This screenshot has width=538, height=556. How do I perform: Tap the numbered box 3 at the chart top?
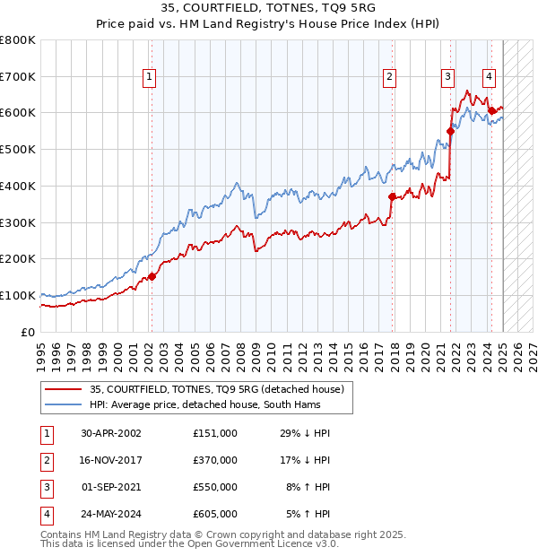[447, 78]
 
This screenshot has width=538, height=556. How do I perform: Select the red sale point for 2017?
[392, 196]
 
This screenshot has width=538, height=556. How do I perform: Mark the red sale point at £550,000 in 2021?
[450, 130]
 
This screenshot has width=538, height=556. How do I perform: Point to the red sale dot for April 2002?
[152, 276]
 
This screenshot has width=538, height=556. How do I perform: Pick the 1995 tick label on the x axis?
[41, 352]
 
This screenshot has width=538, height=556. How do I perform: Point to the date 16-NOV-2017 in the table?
[111, 459]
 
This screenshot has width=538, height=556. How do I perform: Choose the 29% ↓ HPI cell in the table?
[306, 432]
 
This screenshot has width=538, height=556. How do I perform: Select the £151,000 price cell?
[214, 432]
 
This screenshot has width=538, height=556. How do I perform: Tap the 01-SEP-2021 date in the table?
[111, 487]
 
